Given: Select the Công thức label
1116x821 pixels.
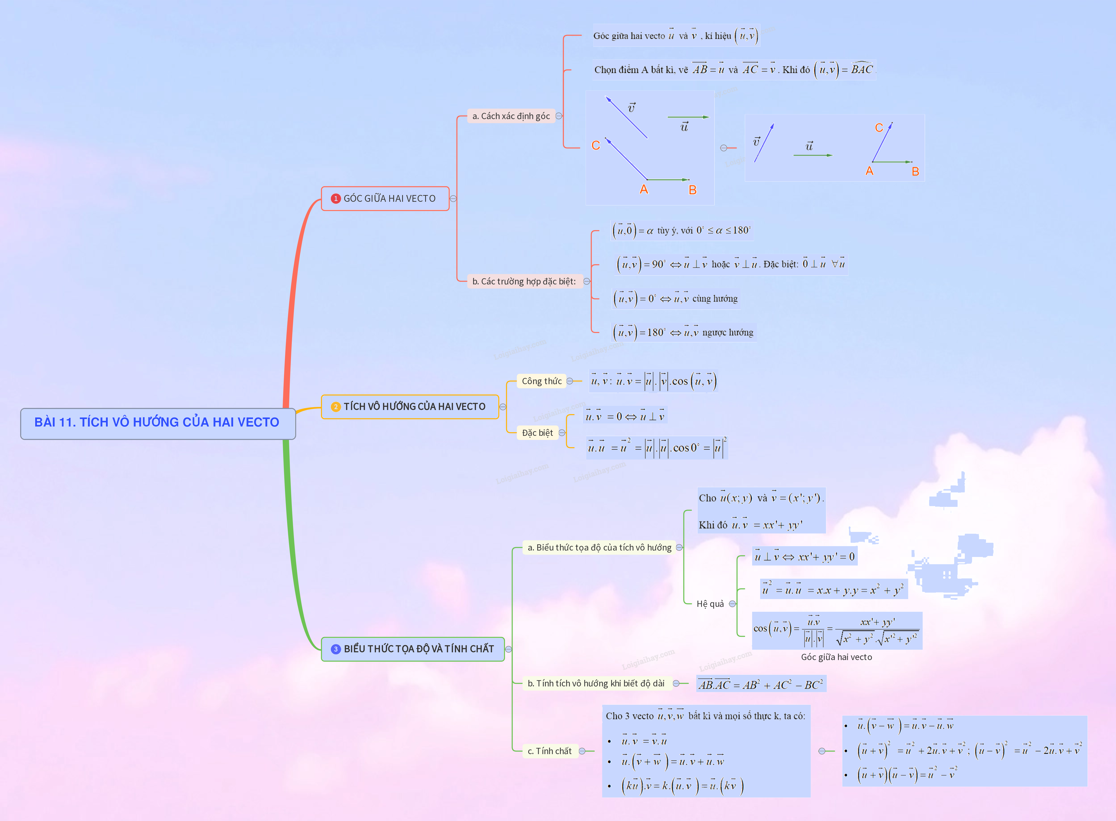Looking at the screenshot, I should pos(541,381).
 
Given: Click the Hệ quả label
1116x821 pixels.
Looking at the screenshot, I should pos(710,604).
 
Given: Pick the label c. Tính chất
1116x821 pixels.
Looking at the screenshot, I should pos(549,751).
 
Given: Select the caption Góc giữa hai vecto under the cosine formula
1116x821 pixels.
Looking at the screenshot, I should pos(836,657).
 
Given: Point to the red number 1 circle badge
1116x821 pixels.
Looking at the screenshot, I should pos(335,199).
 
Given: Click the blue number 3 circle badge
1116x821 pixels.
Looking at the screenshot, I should pos(335,649).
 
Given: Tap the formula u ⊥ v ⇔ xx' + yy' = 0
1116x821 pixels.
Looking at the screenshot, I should pos(804,557).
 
